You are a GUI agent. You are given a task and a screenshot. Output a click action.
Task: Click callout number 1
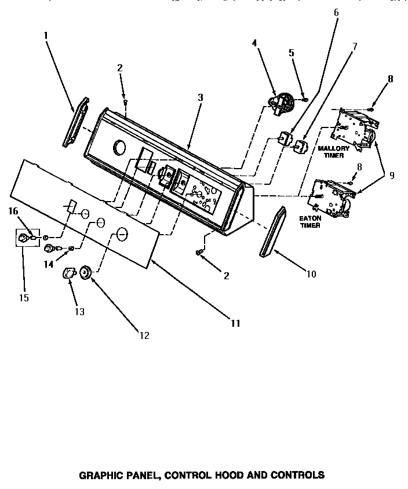pyautogui.click(x=45, y=35)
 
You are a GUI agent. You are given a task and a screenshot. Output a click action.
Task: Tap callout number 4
pyautogui.click(x=254, y=42)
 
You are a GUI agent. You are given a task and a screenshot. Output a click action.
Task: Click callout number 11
pyautogui.click(x=235, y=323)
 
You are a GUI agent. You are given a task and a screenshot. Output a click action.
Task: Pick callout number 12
pyautogui.click(x=144, y=335)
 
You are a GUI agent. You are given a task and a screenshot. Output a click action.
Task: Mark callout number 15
pyautogui.click(x=23, y=298)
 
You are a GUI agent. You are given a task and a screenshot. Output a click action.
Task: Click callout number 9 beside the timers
pyautogui.click(x=392, y=175)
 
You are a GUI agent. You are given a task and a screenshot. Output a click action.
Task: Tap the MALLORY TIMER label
pyautogui.click(x=334, y=152)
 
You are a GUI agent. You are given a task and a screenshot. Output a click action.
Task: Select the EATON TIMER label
pyautogui.click(x=309, y=221)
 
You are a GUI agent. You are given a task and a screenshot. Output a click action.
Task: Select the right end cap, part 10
pyautogui.click(x=273, y=231)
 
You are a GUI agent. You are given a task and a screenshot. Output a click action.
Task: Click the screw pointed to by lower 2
pyautogui.click(x=201, y=252)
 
